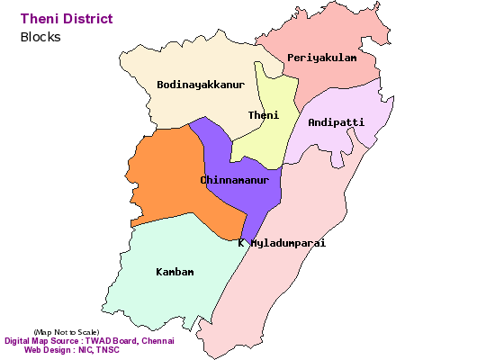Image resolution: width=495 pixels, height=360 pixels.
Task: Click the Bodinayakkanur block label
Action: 201,85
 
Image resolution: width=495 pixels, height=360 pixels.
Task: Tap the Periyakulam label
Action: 321,58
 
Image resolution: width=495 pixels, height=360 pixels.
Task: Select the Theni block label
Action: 263,115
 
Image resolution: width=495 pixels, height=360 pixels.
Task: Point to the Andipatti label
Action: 336,121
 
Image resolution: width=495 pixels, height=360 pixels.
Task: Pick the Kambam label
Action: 175,271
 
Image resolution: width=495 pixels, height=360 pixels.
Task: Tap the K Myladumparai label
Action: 282,243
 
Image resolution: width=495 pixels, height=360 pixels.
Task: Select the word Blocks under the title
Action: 40,37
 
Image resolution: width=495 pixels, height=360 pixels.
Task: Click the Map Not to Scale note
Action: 67,332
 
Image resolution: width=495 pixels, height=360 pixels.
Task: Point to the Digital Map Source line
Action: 89,341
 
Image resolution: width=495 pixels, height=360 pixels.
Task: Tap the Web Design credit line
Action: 71,350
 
